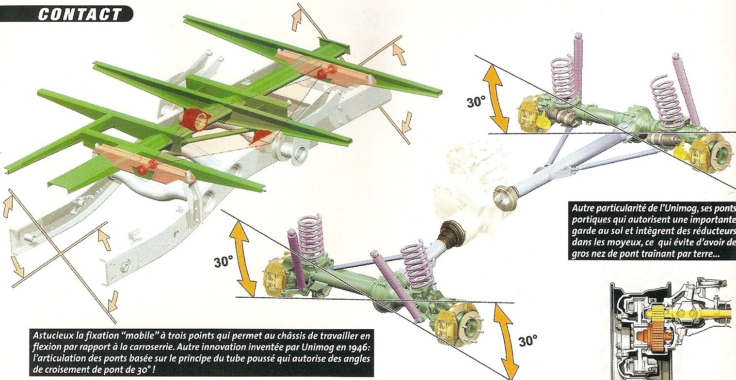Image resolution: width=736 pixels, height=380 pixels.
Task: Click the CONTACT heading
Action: pos(80,14)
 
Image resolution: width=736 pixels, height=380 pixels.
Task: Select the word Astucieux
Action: pos(53,335)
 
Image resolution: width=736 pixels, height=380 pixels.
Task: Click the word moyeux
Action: pos(619,243)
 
